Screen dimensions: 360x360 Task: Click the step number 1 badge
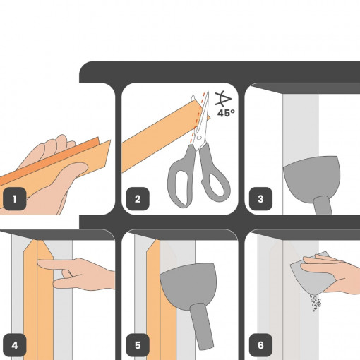15,199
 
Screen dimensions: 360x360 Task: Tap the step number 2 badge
138,199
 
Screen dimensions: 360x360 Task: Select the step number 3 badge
260,199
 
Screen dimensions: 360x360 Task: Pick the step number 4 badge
15,345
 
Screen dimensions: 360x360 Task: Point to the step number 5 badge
138,345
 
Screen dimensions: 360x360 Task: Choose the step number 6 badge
260,345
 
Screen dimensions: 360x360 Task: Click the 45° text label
226,113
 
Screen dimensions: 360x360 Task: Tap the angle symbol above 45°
223,99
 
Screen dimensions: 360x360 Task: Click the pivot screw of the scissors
199,138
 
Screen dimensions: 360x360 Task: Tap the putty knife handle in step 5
202,326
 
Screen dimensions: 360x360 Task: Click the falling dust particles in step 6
316,302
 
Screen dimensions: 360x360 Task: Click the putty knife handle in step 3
323,205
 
